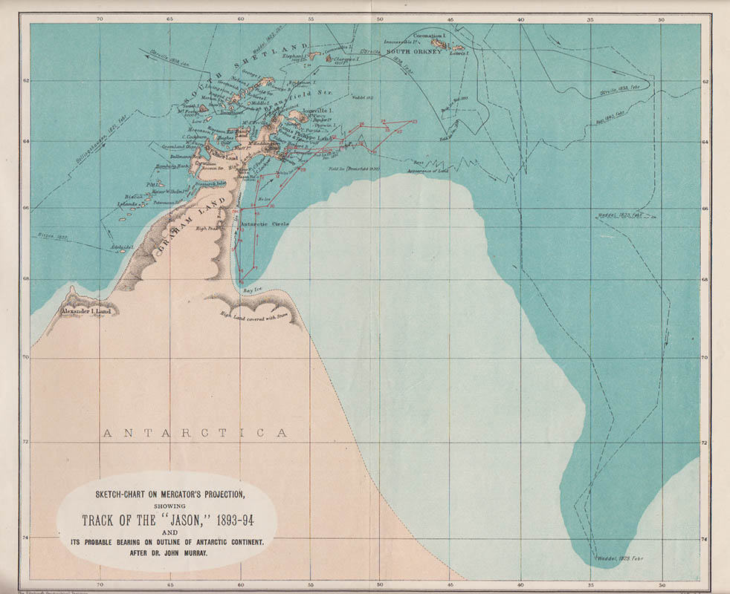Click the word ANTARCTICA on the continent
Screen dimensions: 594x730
click(195, 433)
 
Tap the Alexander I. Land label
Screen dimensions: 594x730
click(85, 311)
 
